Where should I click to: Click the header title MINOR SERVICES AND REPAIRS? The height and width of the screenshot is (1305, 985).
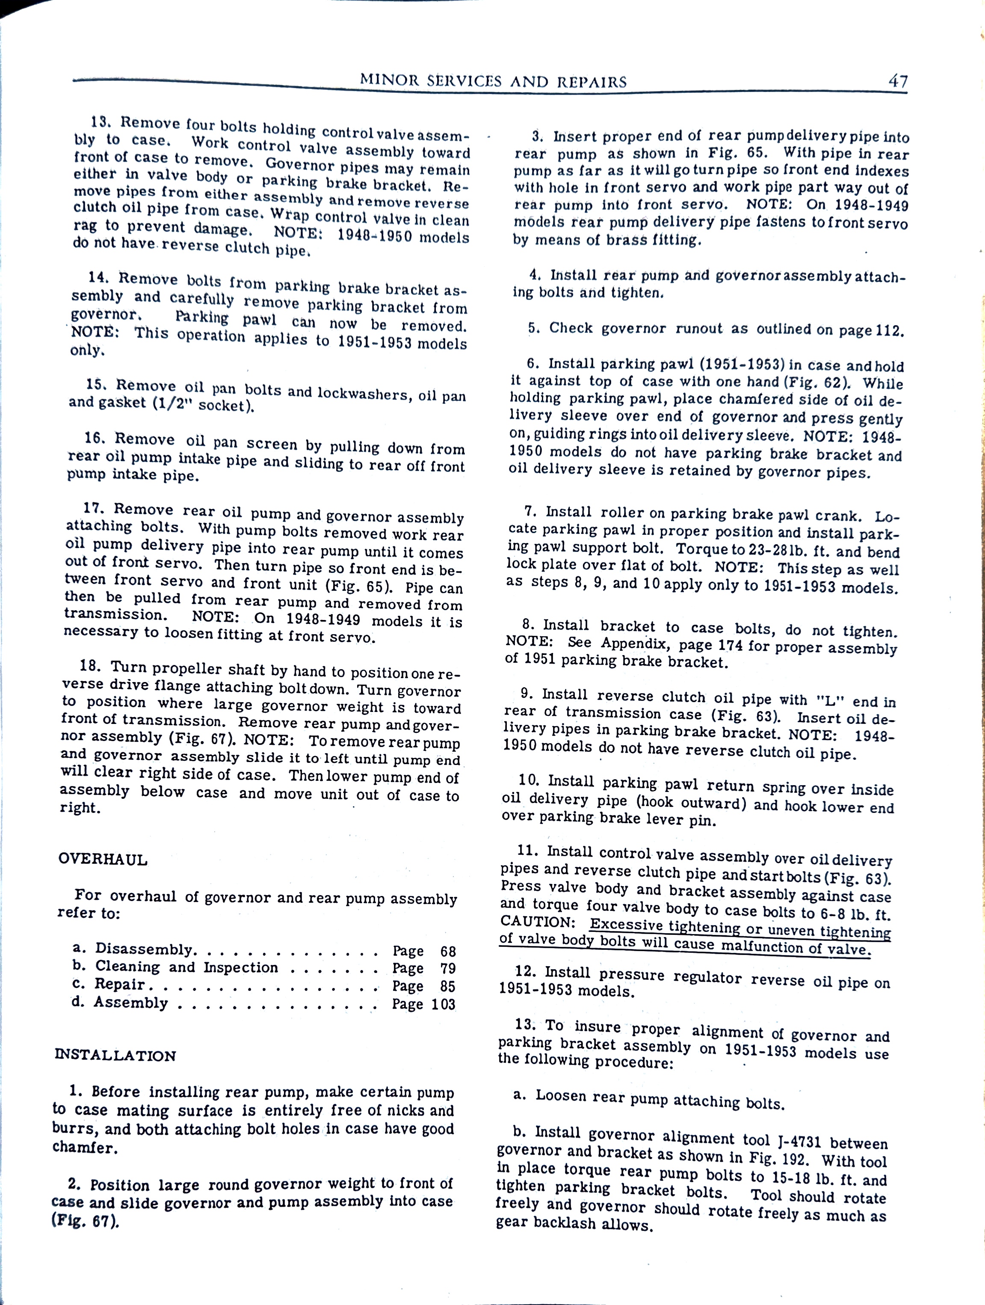coord(493,81)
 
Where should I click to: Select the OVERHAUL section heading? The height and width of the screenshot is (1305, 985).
coord(103,859)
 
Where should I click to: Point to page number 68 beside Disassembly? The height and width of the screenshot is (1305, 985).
coord(448,952)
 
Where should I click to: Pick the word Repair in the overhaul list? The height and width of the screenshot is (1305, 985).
coord(120,984)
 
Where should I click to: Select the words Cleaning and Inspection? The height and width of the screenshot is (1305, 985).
coord(186,967)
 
